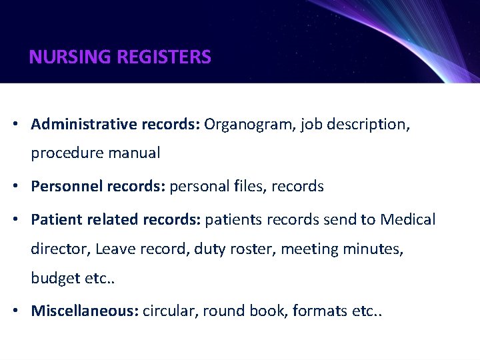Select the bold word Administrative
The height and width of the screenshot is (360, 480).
click(83, 125)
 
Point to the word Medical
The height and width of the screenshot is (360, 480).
click(408, 219)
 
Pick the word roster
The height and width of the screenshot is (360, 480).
click(253, 249)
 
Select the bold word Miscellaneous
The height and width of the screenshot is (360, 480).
click(83, 311)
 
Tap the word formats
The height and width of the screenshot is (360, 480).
click(317, 311)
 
